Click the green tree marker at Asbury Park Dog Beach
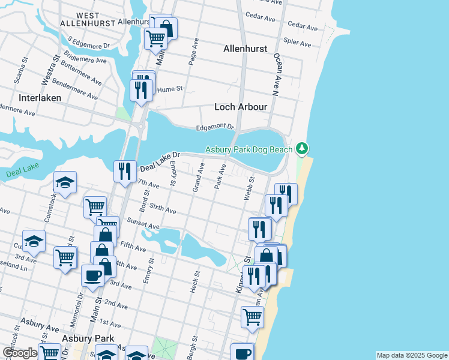(303, 148)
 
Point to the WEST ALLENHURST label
(88, 19)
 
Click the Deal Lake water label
(22, 173)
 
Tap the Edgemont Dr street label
(215, 127)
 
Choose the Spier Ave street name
(298, 43)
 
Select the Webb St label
(247, 188)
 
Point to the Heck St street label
(195, 281)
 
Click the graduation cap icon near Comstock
(65, 183)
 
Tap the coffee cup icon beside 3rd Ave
(92, 275)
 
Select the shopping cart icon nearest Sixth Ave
(95, 207)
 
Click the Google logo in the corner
(20, 353)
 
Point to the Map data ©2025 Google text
(411, 355)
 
